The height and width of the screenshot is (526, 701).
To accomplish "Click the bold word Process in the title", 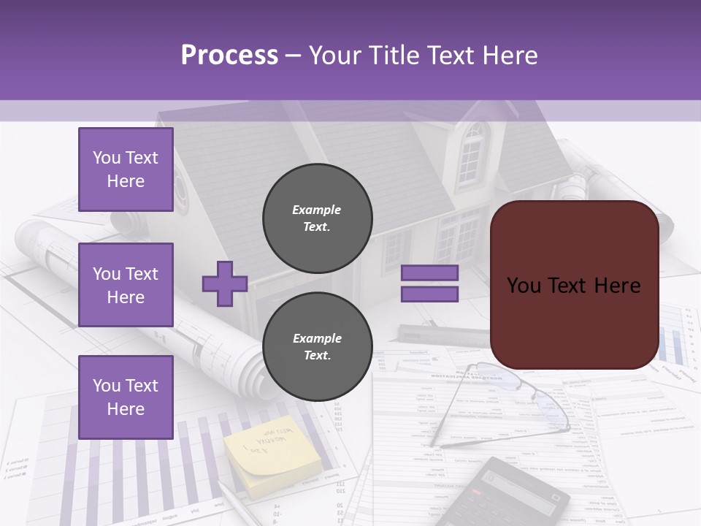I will pyautogui.click(x=229, y=56).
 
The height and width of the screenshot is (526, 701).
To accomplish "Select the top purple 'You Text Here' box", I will pyautogui.click(x=126, y=169).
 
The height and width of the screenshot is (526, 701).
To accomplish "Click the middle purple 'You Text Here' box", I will pyautogui.click(x=126, y=285).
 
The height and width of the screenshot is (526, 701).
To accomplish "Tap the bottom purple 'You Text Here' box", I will pyautogui.click(x=126, y=397).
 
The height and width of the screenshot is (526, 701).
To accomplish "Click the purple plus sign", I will pyautogui.click(x=224, y=283).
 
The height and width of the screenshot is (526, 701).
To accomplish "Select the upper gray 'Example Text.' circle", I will pyautogui.click(x=317, y=218).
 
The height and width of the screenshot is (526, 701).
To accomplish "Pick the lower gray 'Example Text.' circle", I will pyautogui.click(x=317, y=347).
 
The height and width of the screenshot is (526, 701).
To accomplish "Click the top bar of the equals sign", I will pyautogui.click(x=429, y=273).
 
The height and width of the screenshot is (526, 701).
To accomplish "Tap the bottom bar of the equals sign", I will pyautogui.click(x=429, y=294).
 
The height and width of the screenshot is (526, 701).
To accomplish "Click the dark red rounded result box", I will pyautogui.click(x=574, y=285).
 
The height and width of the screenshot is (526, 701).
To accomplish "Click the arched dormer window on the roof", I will pyautogui.click(x=472, y=155).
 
